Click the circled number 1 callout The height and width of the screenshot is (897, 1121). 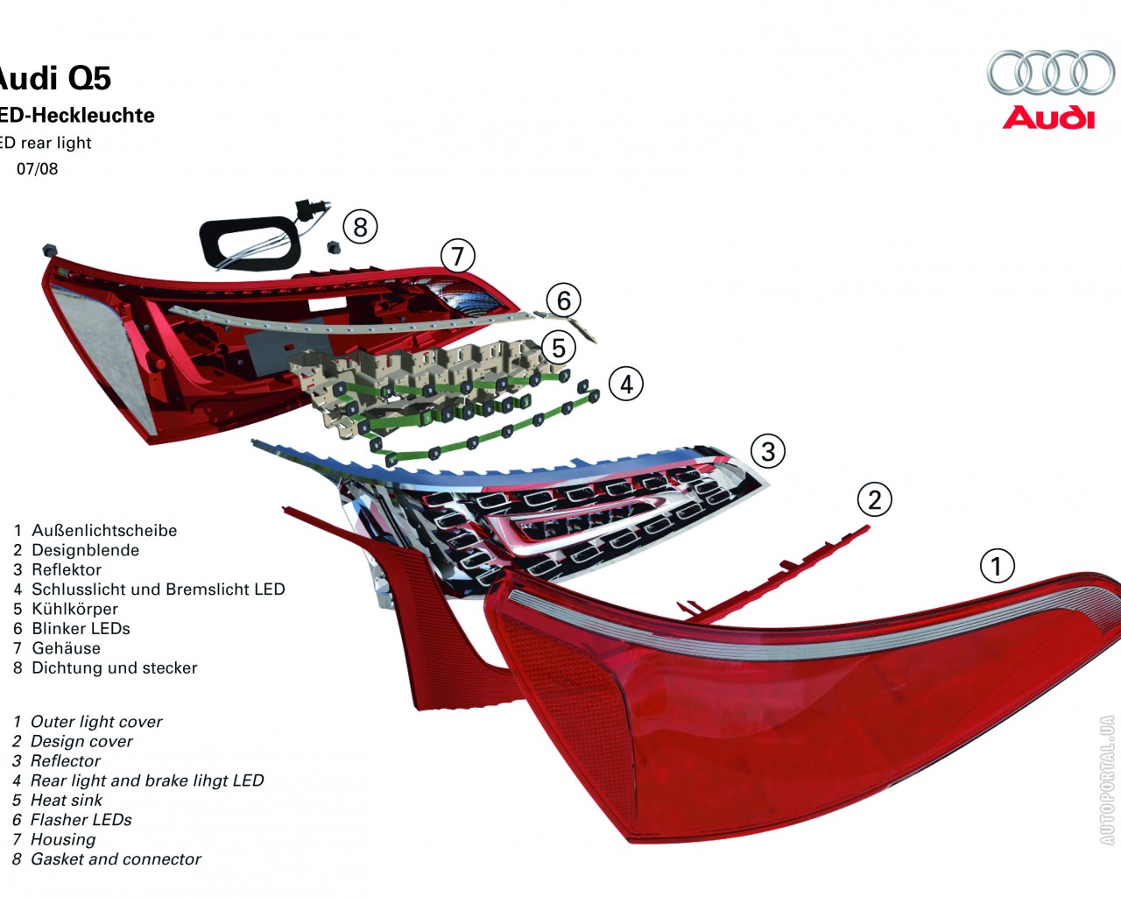(x=996, y=566)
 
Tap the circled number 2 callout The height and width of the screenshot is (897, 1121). (x=874, y=499)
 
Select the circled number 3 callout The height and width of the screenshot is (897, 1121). (x=767, y=451)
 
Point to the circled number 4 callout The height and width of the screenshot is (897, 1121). (x=625, y=384)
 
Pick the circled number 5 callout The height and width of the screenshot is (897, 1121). (x=558, y=348)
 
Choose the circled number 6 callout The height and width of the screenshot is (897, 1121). (x=563, y=300)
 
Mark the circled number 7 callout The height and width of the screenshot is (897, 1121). (x=457, y=257)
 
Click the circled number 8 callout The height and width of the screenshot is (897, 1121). (x=359, y=227)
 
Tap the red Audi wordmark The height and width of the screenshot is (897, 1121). (x=1048, y=117)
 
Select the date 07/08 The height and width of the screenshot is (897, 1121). (x=38, y=169)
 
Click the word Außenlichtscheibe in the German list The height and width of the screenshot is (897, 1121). (x=104, y=531)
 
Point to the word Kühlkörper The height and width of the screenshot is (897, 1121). (x=74, y=609)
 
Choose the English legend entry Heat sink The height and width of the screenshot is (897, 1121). (x=66, y=801)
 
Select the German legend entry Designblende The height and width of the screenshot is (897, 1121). (x=85, y=550)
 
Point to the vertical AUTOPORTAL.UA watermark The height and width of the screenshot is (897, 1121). (x=1107, y=780)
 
